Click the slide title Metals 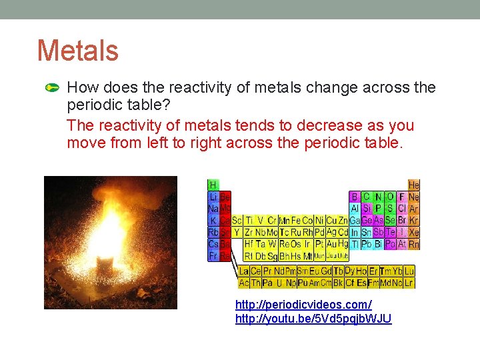(78, 51)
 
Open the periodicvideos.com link (303, 304)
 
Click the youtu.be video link (313, 319)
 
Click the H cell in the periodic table (213, 185)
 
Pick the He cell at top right (414, 185)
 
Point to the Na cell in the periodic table (213, 209)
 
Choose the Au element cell (331, 233)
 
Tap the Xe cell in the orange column (414, 233)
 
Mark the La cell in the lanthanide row (244, 271)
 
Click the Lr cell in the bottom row (409, 283)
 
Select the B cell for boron (354, 197)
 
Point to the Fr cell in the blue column (213, 256)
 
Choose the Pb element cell (366, 245)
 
